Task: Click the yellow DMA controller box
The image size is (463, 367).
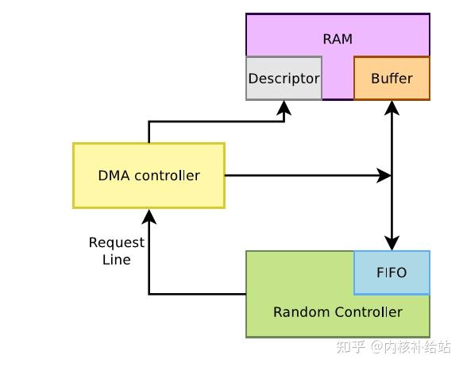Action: pyautogui.click(x=149, y=176)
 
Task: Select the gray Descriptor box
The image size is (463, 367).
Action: pyautogui.click(x=284, y=79)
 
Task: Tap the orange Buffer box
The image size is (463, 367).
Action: pyautogui.click(x=392, y=79)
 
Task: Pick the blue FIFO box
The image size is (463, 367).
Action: pyautogui.click(x=391, y=272)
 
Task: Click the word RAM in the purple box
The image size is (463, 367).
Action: pyautogui.click(x=338, y=39)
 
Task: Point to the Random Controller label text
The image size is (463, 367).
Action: pyautogui.click(x=338, y=312)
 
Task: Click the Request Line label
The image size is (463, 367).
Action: pyautogui.click(x=117, y=251)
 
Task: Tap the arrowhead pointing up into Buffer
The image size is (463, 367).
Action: pyautogui.click(x=392, y=106)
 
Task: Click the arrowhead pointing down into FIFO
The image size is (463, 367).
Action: pyautogui.click(x=392, y=244)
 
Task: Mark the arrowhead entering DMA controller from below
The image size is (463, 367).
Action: pyautogui.click(x=149, y=215)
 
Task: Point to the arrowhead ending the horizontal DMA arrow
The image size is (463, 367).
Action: pyautogui.click(x=384, y=176)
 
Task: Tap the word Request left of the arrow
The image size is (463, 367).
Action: pyautogui.click(x=117, y=242)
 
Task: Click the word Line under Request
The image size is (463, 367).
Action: pyautogui.click(x=117, y=260)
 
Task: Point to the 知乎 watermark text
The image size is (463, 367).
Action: pyautogui.click(x=351, y=347)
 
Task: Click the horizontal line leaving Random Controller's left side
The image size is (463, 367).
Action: pyautogui.click(x=199, y=294)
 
